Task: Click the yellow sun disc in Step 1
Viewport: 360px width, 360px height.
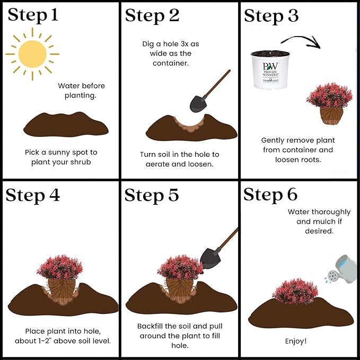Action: pyautogui.click(x=32, y=54)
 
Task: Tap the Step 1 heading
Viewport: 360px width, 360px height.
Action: pyautogui.click(x=33, y=15)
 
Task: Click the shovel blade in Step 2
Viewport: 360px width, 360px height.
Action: pyautogui.click(x=198, y=103)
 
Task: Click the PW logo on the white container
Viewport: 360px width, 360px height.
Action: pyautogui.click(x=270, y=66)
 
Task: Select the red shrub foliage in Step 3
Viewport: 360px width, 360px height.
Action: pyautogui.click(x=329, y=95)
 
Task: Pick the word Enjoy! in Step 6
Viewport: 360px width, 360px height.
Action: pyautogui.click(x=296, y=341)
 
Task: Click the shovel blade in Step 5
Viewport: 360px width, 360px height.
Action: pyautogui.click(x=210, y=258)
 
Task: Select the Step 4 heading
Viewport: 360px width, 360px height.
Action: pyautogui.click(x=33, y=196)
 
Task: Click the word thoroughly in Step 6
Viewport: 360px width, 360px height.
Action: pyautogui.click(x=331, y=212)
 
